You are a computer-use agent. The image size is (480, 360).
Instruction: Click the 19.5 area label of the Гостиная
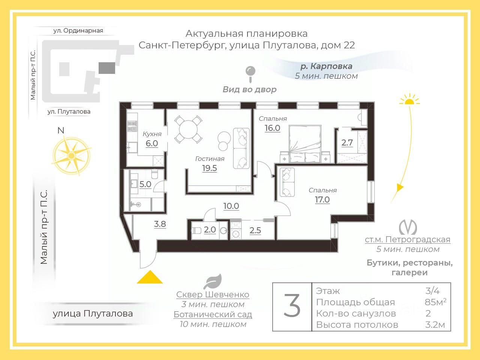210,168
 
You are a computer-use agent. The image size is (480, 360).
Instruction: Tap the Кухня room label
152,134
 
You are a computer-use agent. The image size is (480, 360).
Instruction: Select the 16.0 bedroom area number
272,128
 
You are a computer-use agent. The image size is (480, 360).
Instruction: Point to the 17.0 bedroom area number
322,199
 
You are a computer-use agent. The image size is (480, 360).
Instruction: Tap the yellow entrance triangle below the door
150,277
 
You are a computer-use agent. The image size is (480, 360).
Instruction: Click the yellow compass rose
72,155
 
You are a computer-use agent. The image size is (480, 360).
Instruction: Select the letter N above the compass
61,130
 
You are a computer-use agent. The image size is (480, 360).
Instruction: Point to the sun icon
409,100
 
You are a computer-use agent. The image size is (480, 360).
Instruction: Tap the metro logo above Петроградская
408,227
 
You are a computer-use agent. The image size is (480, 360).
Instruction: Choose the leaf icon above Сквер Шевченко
213,282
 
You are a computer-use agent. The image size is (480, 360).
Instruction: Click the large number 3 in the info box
292,306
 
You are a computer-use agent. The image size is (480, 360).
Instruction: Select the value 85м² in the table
435,302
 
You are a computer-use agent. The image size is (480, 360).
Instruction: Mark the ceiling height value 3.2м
435,325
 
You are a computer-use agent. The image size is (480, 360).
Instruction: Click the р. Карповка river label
327,66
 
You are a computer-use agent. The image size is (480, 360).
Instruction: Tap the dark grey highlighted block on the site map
107,68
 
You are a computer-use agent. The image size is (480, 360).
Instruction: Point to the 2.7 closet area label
347,143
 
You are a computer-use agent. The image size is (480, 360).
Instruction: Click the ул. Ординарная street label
78,30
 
